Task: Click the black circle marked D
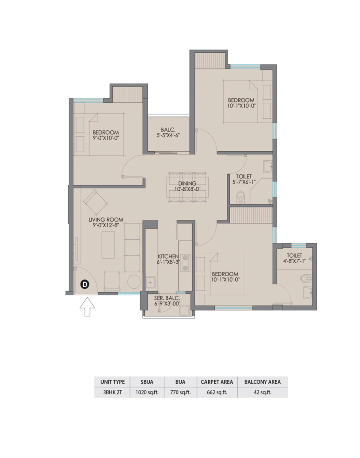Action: (x=84, y=284)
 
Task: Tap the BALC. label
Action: (x=168, y=130)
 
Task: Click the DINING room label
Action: (x=187, y=183)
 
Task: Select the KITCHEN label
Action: (x=168, y=256)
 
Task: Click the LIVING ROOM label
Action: (x=106, y=220)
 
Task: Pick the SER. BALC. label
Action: (x=167, y=299)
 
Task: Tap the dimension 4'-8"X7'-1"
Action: (x=294, y=261)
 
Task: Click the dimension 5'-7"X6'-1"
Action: (x=244, y=182)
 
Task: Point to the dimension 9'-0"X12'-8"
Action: (x=106, y=225)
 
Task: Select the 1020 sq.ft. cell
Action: (x=147, y=392)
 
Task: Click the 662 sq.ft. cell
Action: (x=217, y=392)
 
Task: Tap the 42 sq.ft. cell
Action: (x=262, y=392)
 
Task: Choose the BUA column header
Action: (x=180, y=382)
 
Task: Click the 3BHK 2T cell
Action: (x=112, y=392)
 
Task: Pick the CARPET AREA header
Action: (x=217, y=382)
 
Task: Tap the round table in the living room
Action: (x=134, y=281)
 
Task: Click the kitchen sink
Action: (x=150, y=283)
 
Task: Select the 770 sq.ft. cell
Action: (x=180, y=392)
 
